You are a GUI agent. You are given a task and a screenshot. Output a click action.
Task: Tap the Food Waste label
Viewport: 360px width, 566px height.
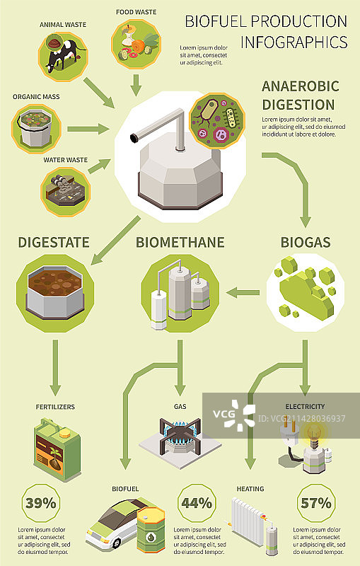[x=136, y=12]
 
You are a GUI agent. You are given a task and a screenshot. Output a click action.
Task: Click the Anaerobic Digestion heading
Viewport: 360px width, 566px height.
[x=301, y=96]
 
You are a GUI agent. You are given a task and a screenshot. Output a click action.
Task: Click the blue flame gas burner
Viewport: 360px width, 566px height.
[x=179, y=433]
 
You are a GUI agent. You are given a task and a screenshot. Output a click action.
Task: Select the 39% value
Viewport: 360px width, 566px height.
[x=41, y=504]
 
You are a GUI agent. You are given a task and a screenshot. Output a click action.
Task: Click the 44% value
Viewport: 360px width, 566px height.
[x=197, y=504]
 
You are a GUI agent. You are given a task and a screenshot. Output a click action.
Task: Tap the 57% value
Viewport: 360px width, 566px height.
[x=316, y=504]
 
